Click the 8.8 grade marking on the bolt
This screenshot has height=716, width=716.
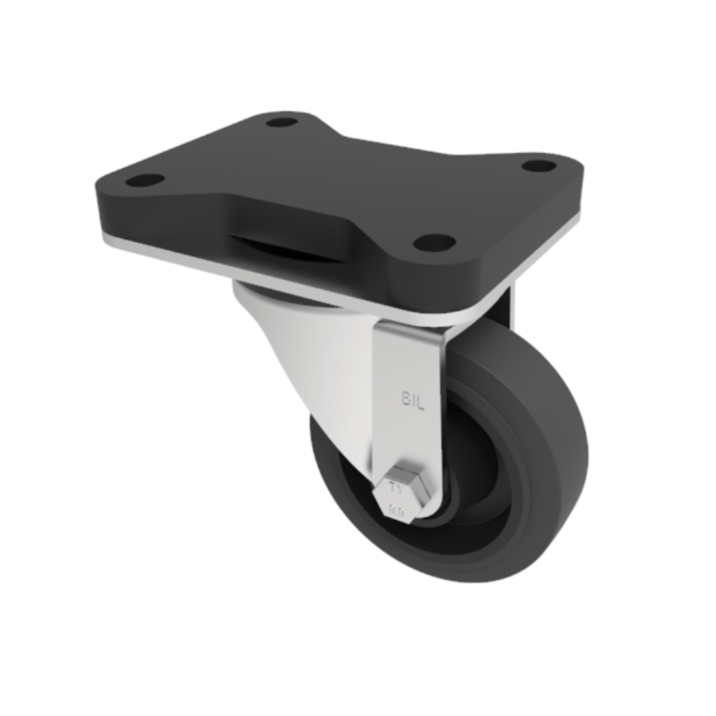(397, 511)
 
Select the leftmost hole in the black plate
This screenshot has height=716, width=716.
(146, 179)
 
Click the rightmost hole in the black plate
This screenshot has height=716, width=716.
(538, 166)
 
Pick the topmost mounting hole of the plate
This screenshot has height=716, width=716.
(281, 122)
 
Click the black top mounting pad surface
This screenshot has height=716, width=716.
(344, 179)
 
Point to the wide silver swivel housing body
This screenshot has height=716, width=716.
(315, 358)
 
